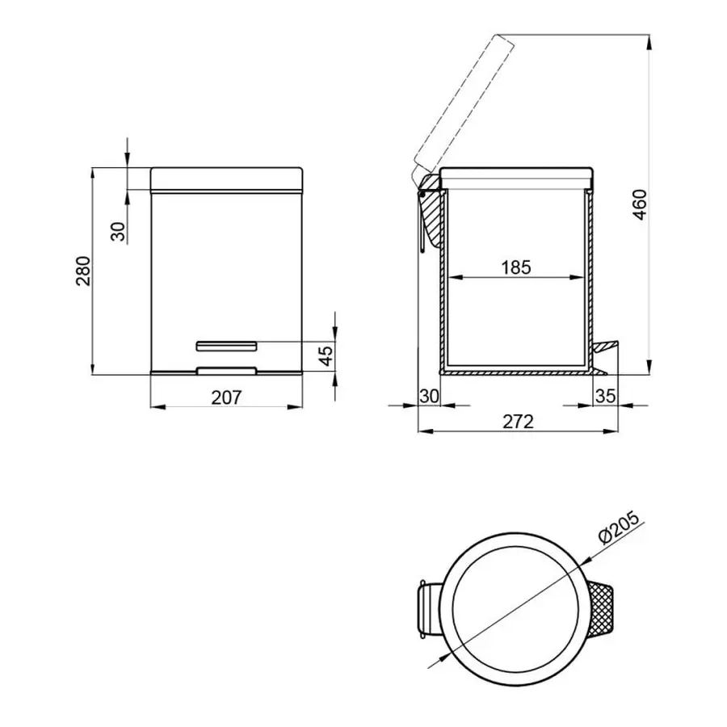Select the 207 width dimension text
227,397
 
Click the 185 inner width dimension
515,267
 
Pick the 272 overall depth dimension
518,421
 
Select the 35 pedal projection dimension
606,396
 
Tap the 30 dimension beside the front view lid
118,232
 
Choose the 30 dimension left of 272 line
429,396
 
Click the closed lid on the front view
227,179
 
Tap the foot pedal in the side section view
607,347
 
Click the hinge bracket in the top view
427,604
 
